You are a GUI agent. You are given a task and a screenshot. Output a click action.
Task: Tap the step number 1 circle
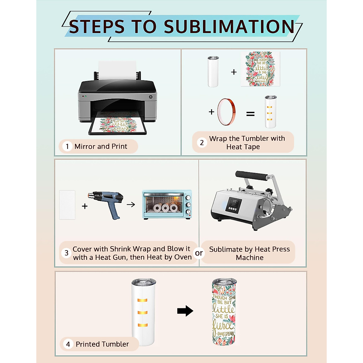coord(67,146)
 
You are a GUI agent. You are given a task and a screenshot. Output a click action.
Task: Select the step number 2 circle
coord(202,142)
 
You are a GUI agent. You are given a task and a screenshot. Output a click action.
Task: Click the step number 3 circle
coord(67,253)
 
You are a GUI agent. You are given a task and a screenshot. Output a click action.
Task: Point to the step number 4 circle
coord(68,344)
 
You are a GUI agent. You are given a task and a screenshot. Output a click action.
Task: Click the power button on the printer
coord(151,97)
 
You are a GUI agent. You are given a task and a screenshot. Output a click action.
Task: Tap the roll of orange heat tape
coord(227,112)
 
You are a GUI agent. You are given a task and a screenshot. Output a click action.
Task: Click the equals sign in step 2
coord(250,114)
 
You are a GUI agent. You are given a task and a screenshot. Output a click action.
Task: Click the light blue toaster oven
coord(167,204)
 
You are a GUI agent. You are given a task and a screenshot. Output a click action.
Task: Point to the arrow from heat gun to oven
coord(131,205)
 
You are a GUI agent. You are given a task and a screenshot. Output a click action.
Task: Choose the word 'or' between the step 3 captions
coord(199,253)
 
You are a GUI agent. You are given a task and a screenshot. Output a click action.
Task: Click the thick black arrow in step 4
coord(185,311)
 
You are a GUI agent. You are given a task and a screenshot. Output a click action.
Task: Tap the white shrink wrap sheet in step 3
coord(67,204)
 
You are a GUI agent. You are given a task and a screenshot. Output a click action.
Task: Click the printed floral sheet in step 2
coord(260,69)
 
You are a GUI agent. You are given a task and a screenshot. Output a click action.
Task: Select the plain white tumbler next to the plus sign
coord(213,71)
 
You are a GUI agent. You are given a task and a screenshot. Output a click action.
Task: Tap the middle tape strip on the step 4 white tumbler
coord(142,312)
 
